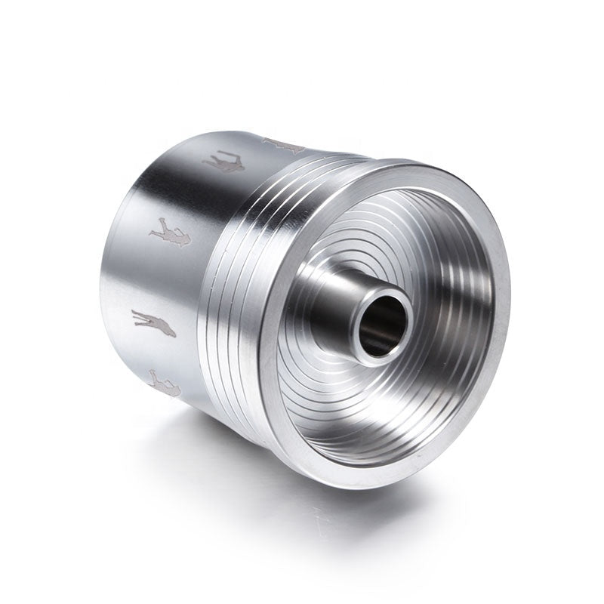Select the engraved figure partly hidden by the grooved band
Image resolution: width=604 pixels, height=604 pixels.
[283, 144]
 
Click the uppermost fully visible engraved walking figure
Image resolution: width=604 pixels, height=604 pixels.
[224, 162]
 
